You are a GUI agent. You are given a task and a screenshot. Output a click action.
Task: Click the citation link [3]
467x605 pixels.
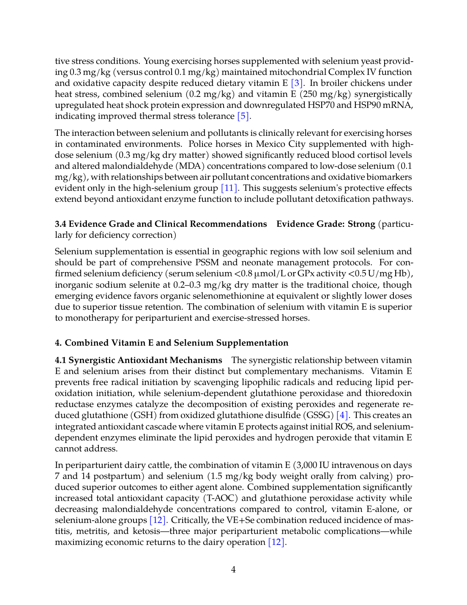pos(297,83)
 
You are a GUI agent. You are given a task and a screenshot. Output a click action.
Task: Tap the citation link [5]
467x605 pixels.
pos(243,116)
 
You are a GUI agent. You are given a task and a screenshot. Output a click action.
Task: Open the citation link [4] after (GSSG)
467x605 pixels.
pos(342,415)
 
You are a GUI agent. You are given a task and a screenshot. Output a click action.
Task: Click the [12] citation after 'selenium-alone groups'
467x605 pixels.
pos(158,520)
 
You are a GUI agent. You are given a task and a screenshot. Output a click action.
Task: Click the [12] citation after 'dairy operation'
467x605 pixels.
pos(276,542)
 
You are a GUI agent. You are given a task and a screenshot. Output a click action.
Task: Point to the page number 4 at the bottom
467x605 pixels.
pos(233,570)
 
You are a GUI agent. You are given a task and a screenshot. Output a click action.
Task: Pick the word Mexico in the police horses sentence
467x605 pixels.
pos(271,144)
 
